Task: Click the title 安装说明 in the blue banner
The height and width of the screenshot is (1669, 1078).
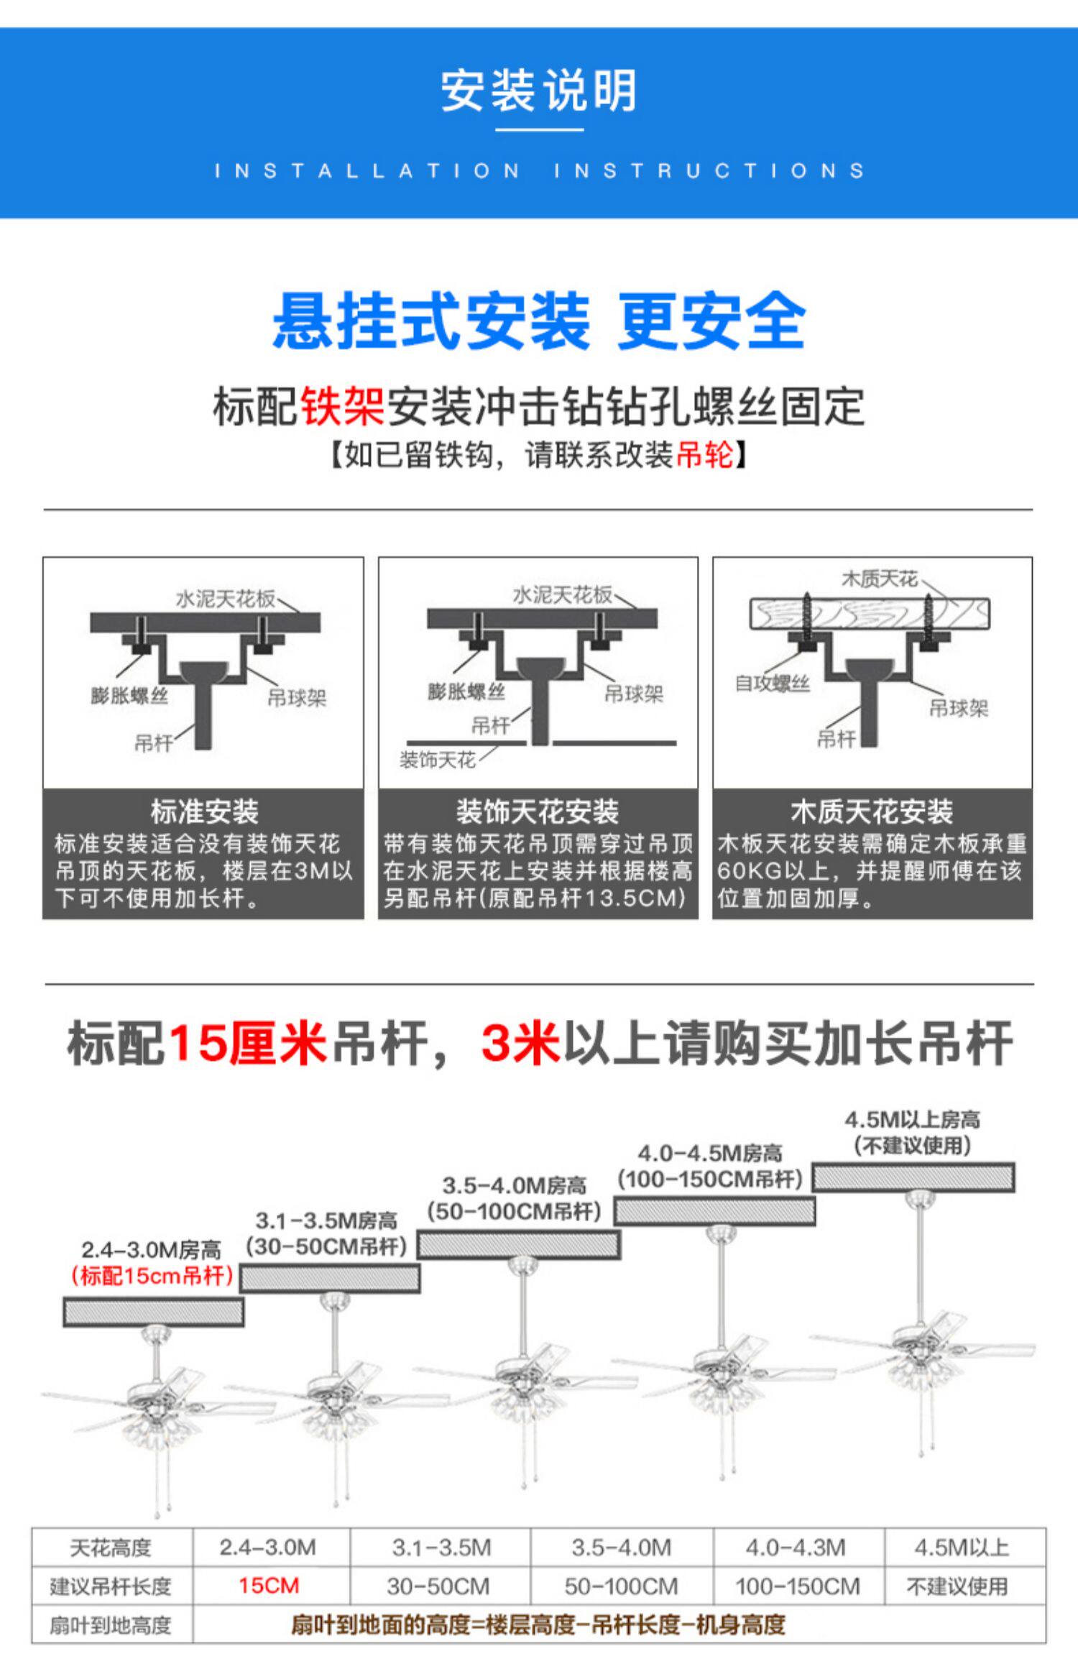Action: [x=538, y=91]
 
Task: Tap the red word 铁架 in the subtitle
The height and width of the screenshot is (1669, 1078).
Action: [x=342, y=407]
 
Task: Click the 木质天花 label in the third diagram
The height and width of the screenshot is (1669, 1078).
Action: [x=879, y=579]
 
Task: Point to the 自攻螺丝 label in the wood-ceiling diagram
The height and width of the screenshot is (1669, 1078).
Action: [x=772, y=684]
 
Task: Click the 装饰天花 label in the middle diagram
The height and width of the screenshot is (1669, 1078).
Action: [x=437, y=760]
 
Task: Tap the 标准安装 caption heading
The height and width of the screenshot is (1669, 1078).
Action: [x=204, y=811]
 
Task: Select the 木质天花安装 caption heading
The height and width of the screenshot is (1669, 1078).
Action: [x=872, y=811]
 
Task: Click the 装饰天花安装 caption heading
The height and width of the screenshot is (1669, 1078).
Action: [x=538, y=811]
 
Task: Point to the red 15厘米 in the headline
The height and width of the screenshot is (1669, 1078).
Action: [x=247, y=1043]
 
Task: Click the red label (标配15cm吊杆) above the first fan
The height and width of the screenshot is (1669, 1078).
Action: [x=152, y=1276]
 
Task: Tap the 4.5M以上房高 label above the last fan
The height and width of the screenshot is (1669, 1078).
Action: [x=912, y=1119]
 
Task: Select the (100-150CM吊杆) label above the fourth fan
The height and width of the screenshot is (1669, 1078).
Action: [x=710, y=1180]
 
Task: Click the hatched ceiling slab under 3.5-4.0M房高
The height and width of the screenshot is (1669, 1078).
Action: [x=519, y=1245]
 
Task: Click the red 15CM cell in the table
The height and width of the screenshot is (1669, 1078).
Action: [x=269, y=1586]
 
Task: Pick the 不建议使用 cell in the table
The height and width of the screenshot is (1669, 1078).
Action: [x=957, y=1586]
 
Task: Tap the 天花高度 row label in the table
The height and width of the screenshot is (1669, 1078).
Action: [x=111, y=1548]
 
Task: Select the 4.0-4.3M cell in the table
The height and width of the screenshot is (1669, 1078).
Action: [x=796, y=1548]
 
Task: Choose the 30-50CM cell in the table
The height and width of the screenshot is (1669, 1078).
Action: [x=438, y=1586]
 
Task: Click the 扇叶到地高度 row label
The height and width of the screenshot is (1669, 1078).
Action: [x=111, y=1624]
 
